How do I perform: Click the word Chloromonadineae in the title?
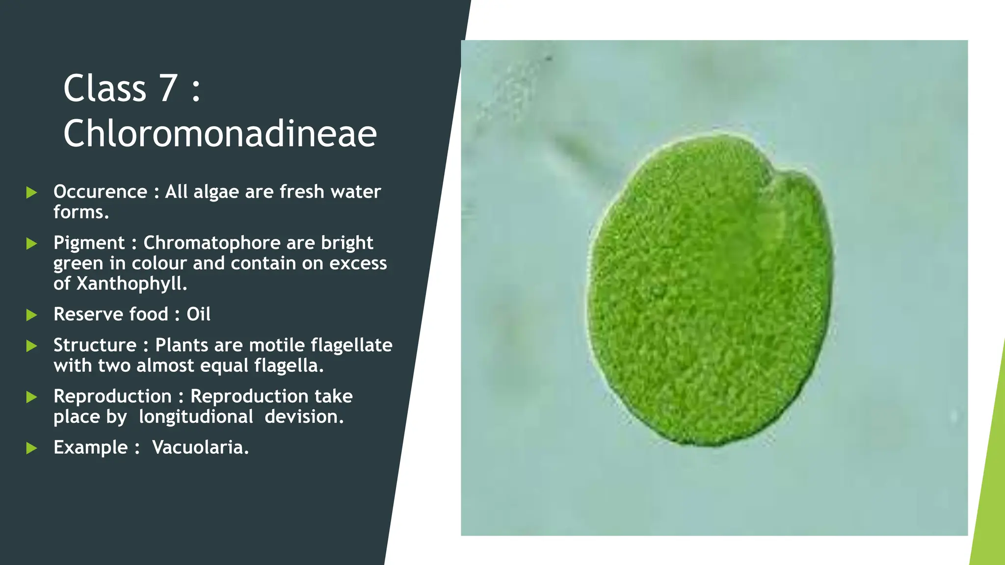[220, 133]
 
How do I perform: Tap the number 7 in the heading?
[168, 88]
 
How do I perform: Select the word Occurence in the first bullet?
[100, 192]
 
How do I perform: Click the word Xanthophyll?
[132, 283]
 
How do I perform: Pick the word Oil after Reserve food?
[198, 314]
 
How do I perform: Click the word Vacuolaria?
[200, 447]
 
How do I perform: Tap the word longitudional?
[196, 417]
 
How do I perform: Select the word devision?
[304, 417]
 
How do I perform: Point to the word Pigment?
[89, 243]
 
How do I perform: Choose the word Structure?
[95, 345]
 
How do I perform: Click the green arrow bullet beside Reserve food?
[32, 315]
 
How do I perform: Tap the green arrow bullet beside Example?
[32, 448]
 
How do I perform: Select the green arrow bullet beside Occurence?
[32, 192]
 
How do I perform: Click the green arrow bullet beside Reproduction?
[32, 397]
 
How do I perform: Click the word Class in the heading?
[105, 88]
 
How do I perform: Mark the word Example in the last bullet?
[91, 447]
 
